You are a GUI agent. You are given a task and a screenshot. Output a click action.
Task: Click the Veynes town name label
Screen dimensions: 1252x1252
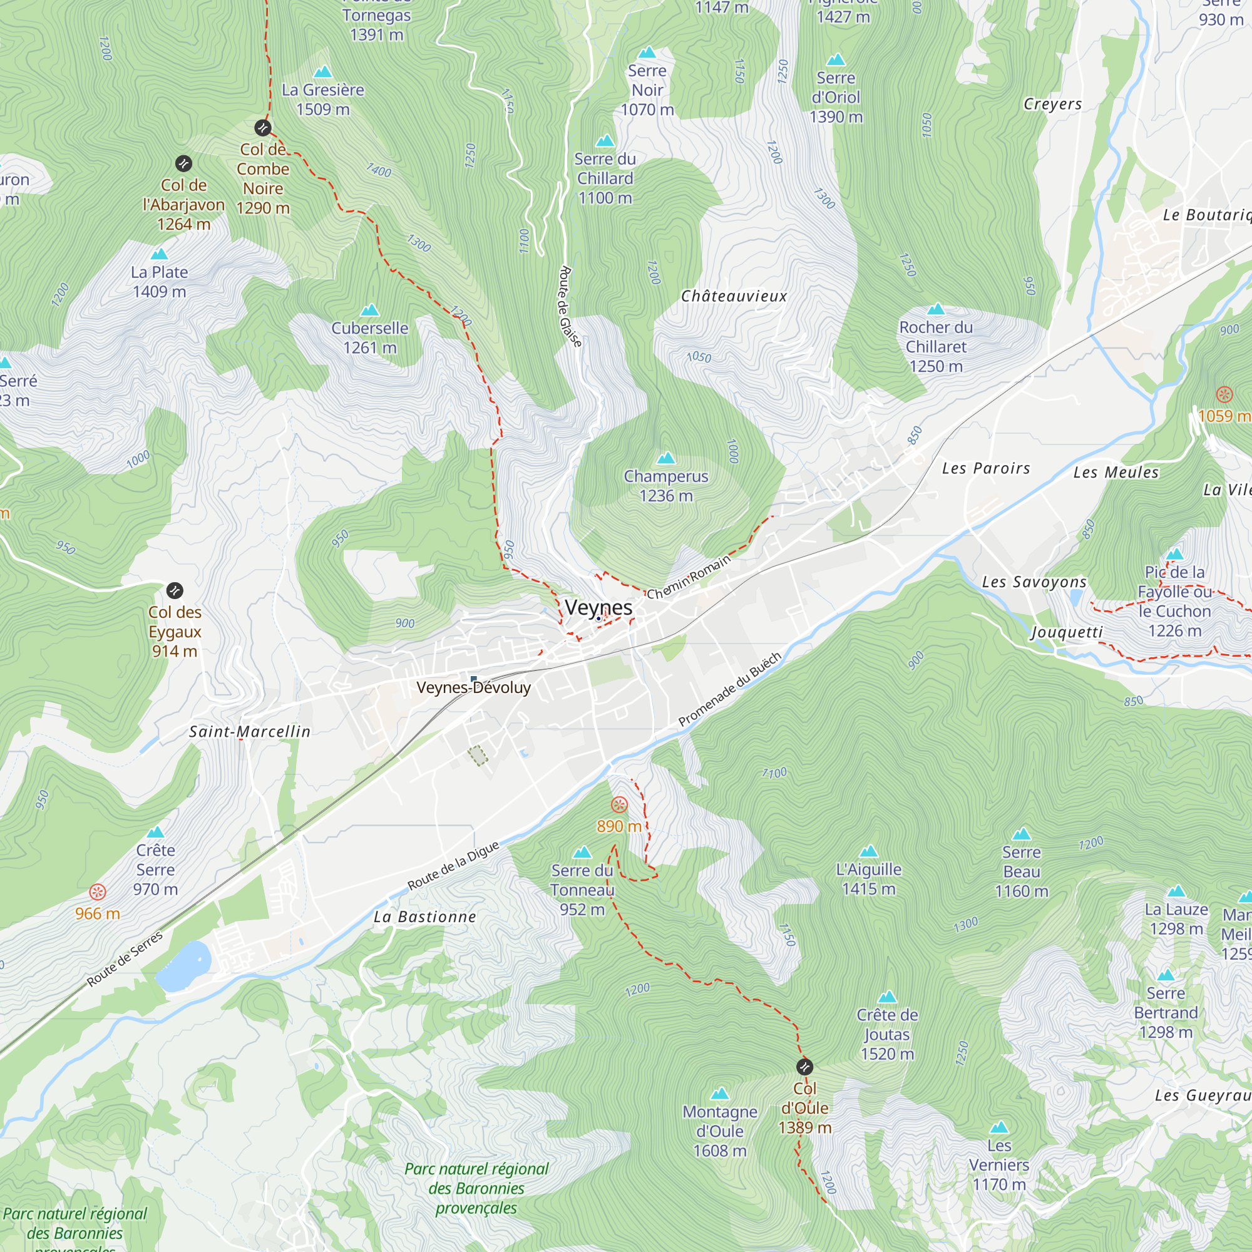click(x=598, y=608)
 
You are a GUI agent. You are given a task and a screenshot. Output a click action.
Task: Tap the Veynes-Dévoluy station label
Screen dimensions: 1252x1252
click(x=473, y=687)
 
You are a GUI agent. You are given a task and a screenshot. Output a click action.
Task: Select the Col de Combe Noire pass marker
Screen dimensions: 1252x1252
click(x=262, y=128)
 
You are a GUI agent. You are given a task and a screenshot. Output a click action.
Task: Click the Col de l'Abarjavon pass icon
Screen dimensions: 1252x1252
click(x=183, y=163)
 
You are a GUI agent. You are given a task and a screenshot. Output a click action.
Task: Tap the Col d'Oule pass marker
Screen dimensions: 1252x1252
click(x=804, y=1067)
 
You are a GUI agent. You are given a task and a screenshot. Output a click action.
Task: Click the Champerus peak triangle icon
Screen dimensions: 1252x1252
click(x=666, y=459)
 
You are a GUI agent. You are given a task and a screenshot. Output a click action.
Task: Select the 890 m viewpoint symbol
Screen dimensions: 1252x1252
click(x=620, y=805)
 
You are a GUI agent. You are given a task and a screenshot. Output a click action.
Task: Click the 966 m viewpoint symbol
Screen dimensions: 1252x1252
click(x=97, y=892)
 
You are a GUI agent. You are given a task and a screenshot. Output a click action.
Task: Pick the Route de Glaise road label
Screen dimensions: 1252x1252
click(x=570, y=306)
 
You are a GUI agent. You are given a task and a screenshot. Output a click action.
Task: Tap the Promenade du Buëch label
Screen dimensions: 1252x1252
click(x=730, y=689)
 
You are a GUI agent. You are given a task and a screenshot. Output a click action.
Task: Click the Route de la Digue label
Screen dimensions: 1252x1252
click(x=453, y=866)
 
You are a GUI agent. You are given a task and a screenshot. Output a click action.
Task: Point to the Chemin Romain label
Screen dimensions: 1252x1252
click(x=688, y=577)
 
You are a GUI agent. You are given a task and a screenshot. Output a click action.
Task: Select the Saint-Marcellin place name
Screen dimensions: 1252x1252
click(x=250, y=732)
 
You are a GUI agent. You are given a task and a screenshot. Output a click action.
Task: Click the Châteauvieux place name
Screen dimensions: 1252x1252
click(x=734, y=296)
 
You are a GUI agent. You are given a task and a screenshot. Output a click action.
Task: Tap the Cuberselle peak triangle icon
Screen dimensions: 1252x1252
click(x=369, y=310)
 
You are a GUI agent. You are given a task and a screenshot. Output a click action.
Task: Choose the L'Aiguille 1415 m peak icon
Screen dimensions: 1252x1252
click(x=868, y=851)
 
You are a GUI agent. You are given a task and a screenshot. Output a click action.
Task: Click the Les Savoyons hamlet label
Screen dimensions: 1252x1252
click(x=1034, y=582)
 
